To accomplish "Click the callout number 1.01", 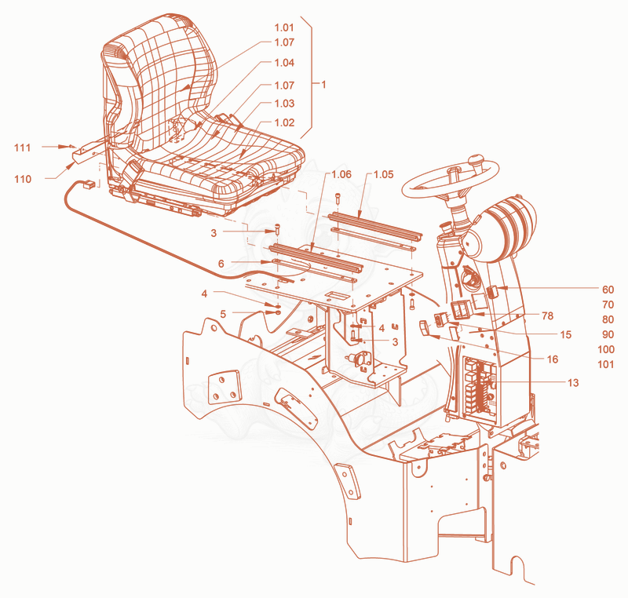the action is coord(284,27).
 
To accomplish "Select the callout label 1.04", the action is coord(284,63).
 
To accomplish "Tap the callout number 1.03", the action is coord(284,104).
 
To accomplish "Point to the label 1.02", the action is coord(284,122).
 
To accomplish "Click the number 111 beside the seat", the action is coord(23,148).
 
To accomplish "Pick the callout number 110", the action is coord(23,179).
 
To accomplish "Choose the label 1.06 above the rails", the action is coord(341,174).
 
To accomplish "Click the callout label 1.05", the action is coord(383,174).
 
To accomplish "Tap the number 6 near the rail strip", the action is coord(221,264).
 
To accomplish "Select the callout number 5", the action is coord(223,314).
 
